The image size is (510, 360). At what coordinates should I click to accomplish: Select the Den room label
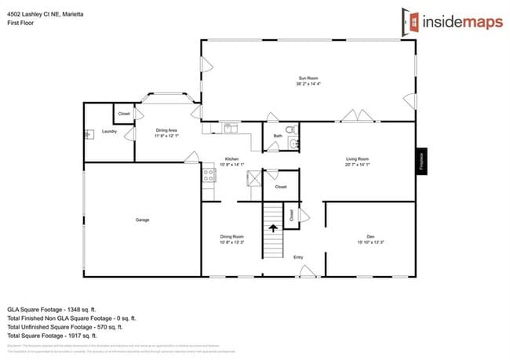click(370, 237)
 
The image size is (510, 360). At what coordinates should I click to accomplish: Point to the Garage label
click(142, 220)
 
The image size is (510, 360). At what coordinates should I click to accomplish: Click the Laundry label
click(109, 131)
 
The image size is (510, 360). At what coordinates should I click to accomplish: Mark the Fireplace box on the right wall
click(421, 162)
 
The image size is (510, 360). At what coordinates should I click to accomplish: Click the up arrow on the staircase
click(273, 229)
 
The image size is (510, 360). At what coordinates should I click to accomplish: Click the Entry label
click(298, 256)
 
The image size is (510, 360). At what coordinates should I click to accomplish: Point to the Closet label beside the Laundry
click(124, 114)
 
